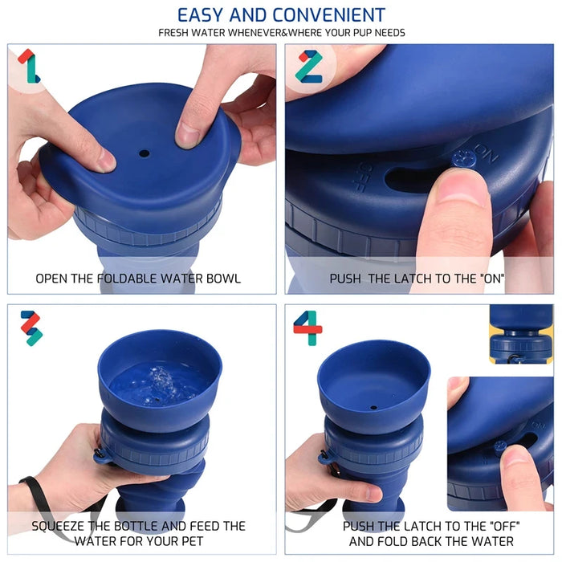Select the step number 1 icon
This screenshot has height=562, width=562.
(x=29, y=66)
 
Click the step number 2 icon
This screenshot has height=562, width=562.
(x=308, y=66)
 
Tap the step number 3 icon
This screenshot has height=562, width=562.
(x=31, y=328)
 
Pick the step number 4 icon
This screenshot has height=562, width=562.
(x=307, y=328)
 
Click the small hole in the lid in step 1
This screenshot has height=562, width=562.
(x=144, y=153)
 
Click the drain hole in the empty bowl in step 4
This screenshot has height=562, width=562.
(x=373, y=407)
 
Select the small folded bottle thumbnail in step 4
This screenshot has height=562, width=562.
(x=520, y=333)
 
